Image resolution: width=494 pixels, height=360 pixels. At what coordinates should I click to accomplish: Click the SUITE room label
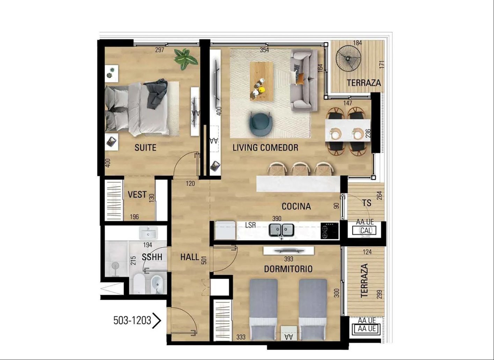click(x=145, y=148)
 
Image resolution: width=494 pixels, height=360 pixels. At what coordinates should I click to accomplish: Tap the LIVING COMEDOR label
click(x=265, y=148)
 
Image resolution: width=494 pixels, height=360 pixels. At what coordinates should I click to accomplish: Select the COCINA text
click(x=296, y=206)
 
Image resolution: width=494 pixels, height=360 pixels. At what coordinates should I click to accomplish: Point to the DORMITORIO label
click(x=288, y=269)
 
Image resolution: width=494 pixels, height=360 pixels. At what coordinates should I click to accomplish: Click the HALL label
click(x=190, y=257)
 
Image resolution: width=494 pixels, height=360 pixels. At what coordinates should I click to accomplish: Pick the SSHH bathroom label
click(x=152, y=257)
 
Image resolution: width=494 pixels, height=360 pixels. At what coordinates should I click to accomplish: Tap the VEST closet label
click(x=137, y=194)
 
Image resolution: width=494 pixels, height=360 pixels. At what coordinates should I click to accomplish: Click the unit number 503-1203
click(x=132, y=321)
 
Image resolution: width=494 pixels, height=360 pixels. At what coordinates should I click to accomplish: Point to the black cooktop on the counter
click(x=330, y=230)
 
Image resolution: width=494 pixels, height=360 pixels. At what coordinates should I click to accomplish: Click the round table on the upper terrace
click(x=348, y=59)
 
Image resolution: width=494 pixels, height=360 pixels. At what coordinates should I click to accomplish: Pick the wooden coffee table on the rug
click(x=261, y=81)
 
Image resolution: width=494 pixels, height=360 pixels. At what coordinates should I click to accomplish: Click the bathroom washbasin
click(x=148, y=233)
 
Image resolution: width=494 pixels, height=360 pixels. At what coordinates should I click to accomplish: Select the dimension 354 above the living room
click(x=264, y=50)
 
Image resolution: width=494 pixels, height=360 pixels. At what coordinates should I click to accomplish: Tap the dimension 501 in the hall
click(x=204, y=260)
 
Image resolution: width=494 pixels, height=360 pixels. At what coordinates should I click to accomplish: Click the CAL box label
click(x=366, y=230)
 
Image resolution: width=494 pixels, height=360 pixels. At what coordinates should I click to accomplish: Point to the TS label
click(x=367, y=203)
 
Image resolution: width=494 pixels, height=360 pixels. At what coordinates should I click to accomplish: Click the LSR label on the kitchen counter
click(x=251, y=225)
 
